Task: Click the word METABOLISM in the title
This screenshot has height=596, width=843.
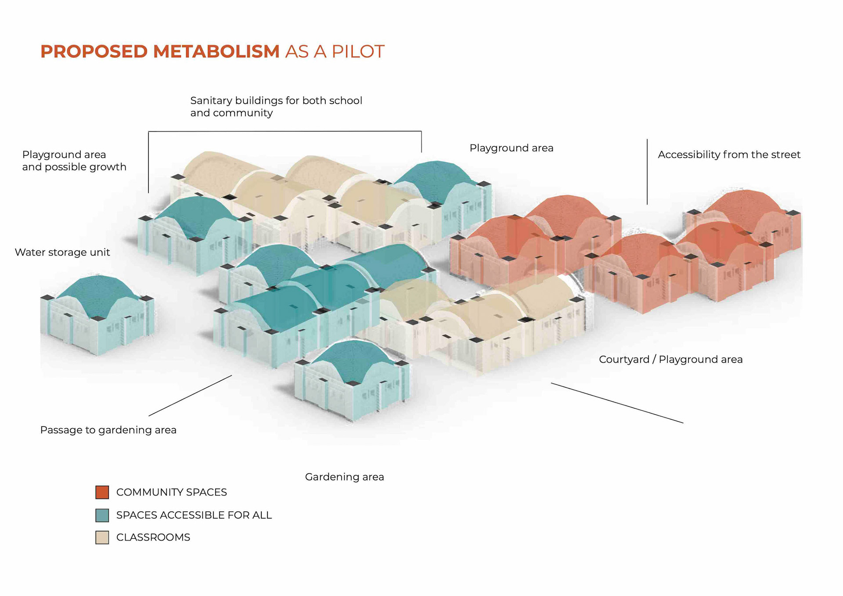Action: [x=216, y=51]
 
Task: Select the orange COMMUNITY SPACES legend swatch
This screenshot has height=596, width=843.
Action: [x=102, y=492]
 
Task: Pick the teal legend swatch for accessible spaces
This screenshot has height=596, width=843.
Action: [x=102, y=515]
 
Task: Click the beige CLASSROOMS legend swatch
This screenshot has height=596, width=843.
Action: [x=102, y=538]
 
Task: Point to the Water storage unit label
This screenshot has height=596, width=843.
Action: [x=62, y=253]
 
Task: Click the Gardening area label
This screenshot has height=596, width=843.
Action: [x=344, y=477]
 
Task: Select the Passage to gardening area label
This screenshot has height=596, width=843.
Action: [x=108, y=430]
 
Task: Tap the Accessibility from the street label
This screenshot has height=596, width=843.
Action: [x=729, y=155]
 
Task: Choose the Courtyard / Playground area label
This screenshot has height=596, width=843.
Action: [x=670, y=360]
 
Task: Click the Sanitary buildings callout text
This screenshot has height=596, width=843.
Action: [x=276, y=107]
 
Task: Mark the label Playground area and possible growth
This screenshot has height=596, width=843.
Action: [x=74, y=161]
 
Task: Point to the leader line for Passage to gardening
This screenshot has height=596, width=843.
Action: [x=190, y=395]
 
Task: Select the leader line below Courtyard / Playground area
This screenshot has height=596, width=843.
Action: [x=617, y=403]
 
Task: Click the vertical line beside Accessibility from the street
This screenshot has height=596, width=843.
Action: [x=647, y=171]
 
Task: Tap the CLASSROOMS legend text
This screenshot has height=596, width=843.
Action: [x=153, y=538]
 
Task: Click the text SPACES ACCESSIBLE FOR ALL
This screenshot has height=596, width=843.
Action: [x=194, y=515]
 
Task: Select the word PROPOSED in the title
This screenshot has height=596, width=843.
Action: [x=94, y=51]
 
